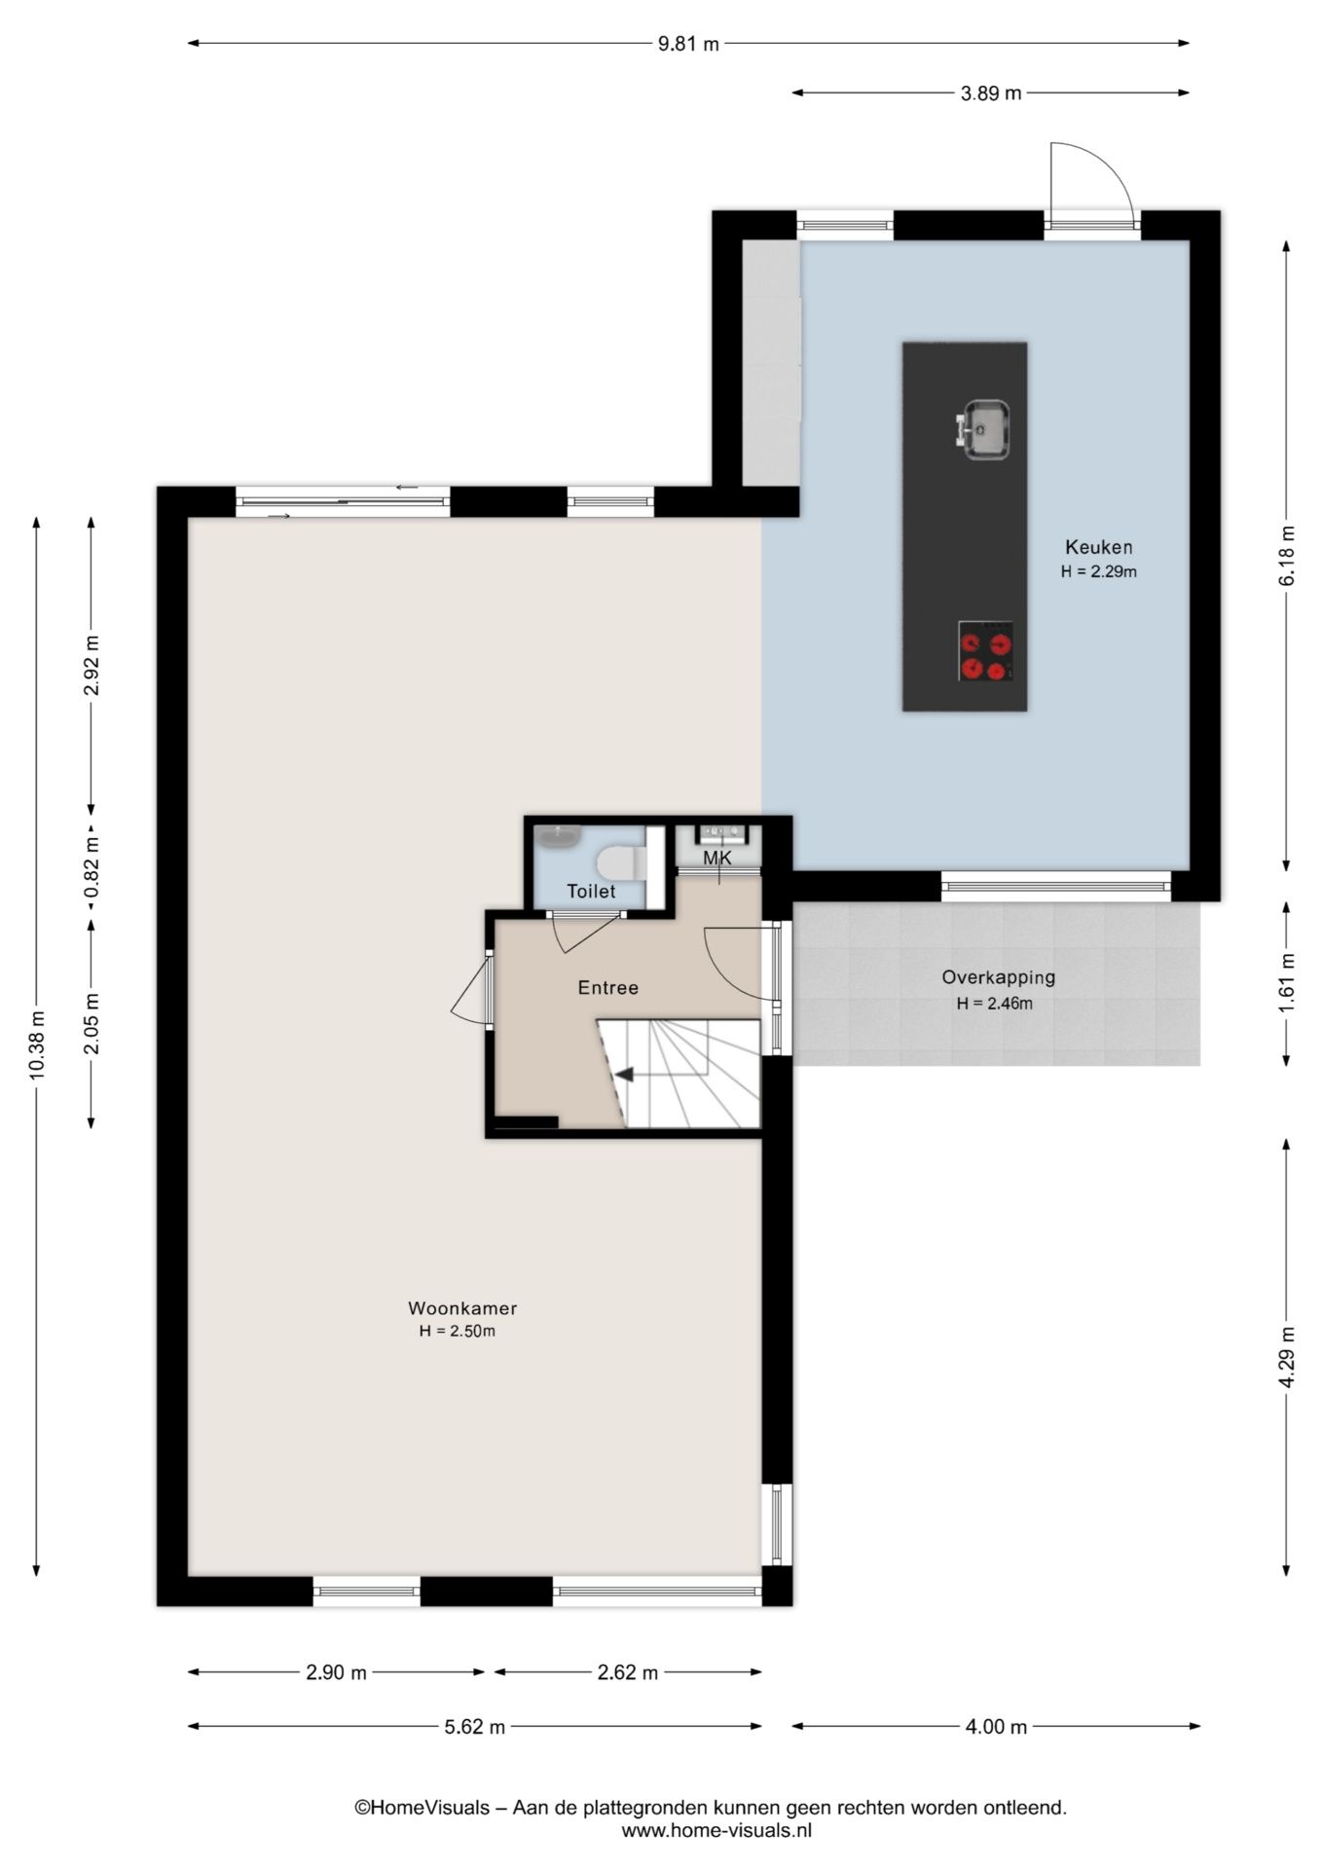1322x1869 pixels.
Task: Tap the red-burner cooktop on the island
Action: (x=985, y=651)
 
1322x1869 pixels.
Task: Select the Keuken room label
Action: (x=1098, y=547)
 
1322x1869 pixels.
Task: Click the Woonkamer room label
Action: (x=462, y=1308)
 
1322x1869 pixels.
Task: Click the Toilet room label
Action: (x=592, y=891)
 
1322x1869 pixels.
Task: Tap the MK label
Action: (x=717, y=858)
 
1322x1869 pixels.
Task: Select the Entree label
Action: (x=608, y=987)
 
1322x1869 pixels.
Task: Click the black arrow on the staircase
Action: (x=622, y=1075)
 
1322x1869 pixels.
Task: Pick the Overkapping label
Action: (x=998, y=977)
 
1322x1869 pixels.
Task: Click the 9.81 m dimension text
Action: (x=689, y=44)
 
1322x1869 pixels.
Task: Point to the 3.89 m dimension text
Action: (x=991, y=93)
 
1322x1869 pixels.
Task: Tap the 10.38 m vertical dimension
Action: (x=37, y=1044)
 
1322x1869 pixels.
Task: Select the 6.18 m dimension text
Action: (x=1287, y=555)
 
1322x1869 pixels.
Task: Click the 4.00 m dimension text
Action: (x=996, y=1727)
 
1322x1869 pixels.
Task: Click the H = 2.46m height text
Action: (x=994, y=1004)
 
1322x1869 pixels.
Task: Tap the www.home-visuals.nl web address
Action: (x=716, y=1830)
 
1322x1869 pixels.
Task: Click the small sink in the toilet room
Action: (x=558, y=835)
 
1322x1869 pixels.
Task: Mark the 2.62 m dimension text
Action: (x=627, y=1672)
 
